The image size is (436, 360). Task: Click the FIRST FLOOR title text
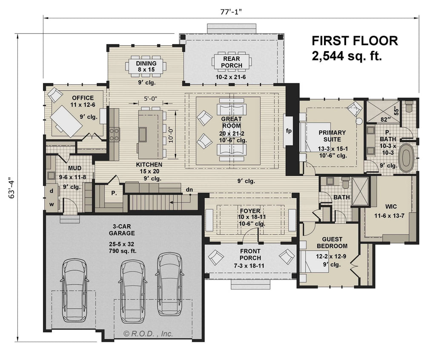click(355, 41)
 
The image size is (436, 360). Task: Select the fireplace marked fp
click(289, 131)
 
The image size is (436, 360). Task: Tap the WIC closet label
click(391, 206)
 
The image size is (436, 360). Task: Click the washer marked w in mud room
click(51, 204)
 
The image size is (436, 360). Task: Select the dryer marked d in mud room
click(51, 191)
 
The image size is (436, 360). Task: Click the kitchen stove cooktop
click(115, 134)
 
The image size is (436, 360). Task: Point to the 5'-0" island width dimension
click(150, 99)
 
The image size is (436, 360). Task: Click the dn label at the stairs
click(188, 189)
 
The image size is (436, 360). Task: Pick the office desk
click(66, 119)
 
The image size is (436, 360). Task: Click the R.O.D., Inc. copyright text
click(148, 334)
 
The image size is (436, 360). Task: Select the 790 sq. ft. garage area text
click(121, 251)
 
